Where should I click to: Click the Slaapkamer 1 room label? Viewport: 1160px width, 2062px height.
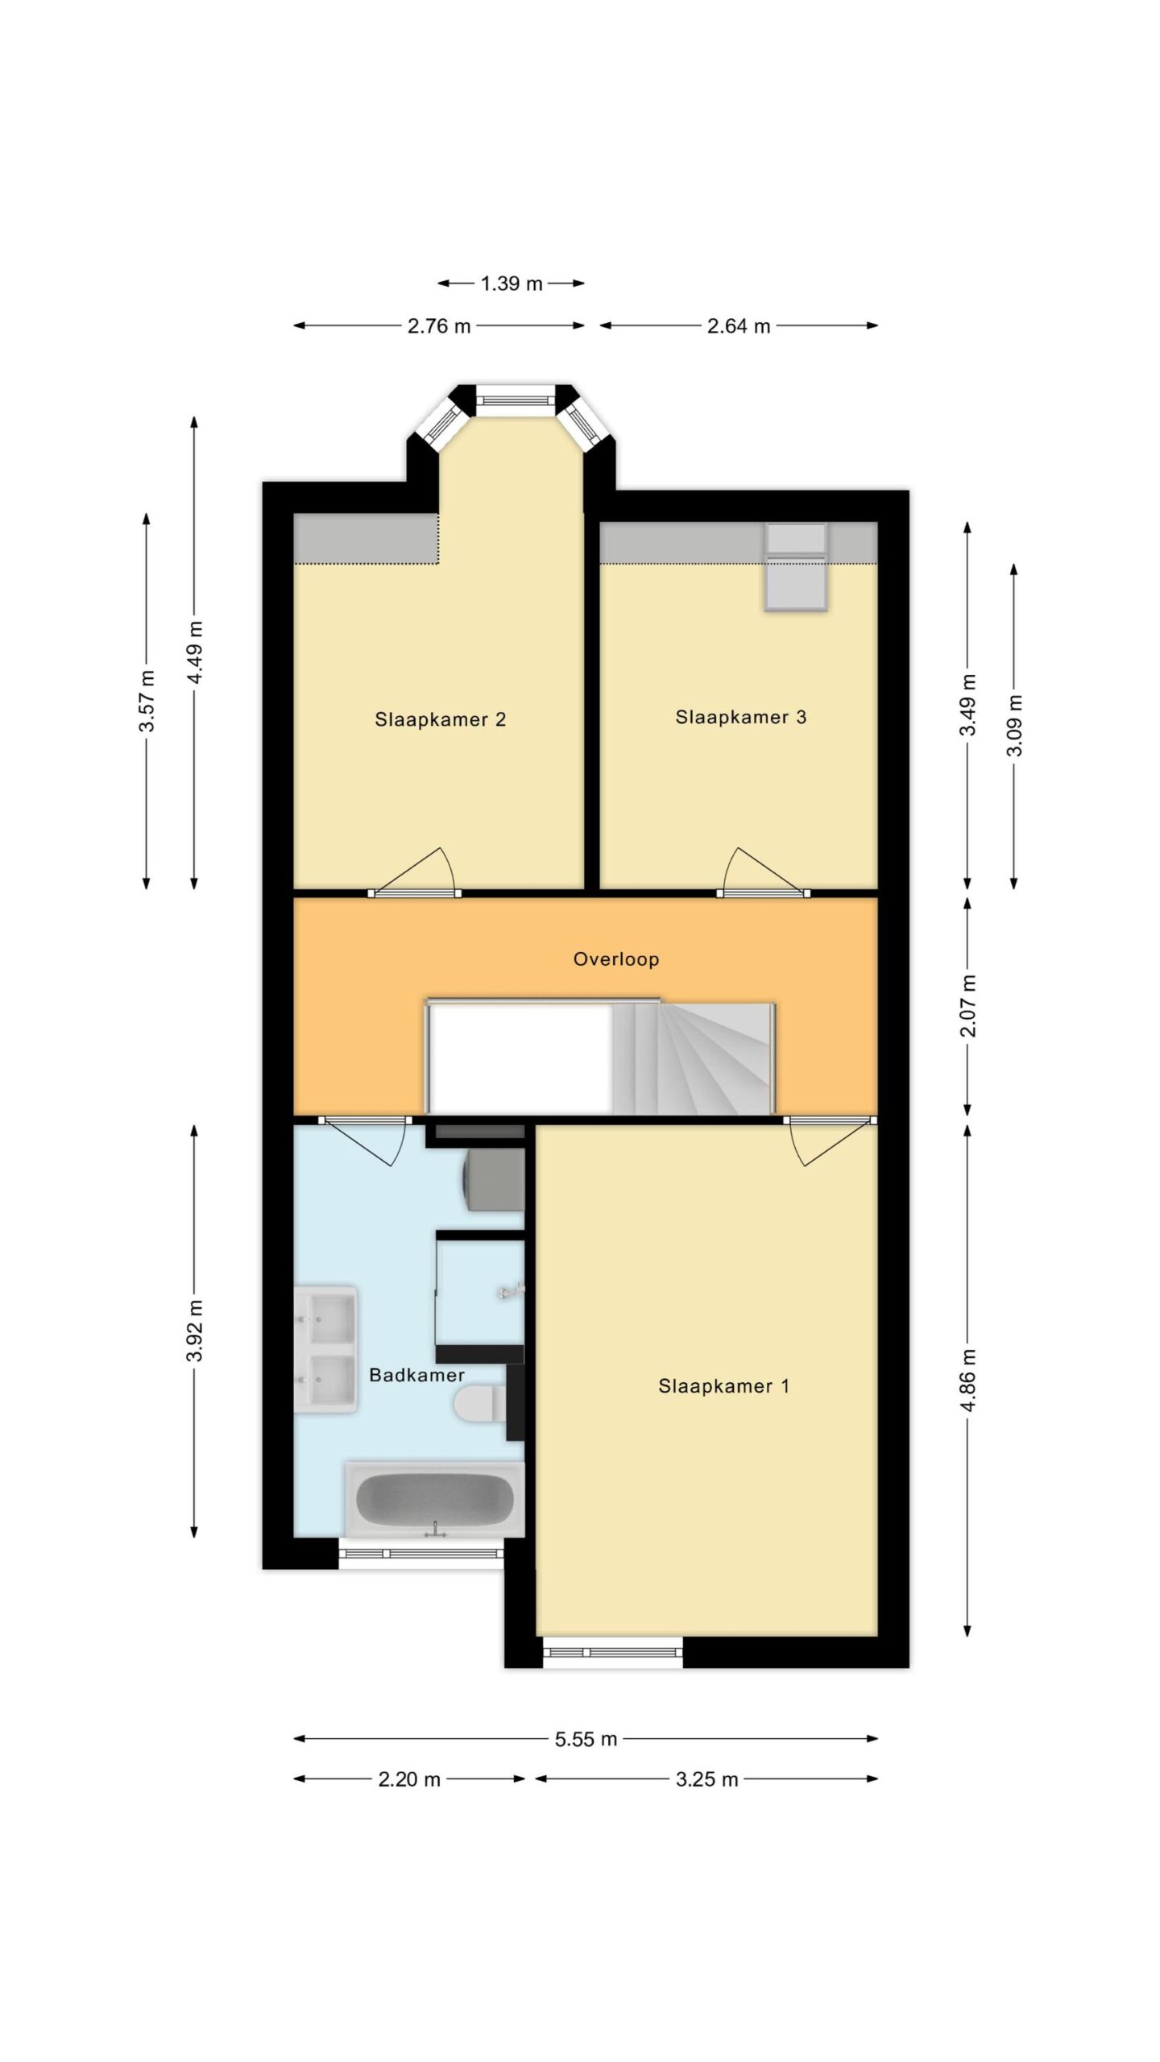point(723,1386)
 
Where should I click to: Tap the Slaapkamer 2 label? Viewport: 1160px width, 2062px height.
point(440,719)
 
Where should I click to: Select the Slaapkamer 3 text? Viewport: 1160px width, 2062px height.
point(740,717)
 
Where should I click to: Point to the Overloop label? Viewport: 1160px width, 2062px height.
point(616,959)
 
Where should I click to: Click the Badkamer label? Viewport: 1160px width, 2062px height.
point(416,1375)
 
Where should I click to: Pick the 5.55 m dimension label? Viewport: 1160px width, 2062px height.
point(586,1739)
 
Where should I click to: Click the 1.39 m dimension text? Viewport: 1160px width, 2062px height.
point(512,284)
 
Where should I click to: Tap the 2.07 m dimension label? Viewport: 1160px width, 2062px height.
point(968,1006)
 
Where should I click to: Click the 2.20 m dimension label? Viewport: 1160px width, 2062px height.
point(409,1779)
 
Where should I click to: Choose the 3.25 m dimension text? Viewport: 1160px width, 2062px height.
point(706,1779)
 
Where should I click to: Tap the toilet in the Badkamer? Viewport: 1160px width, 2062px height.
point(480,1403)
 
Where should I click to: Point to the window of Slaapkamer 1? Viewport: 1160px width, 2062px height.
point(612,1652)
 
